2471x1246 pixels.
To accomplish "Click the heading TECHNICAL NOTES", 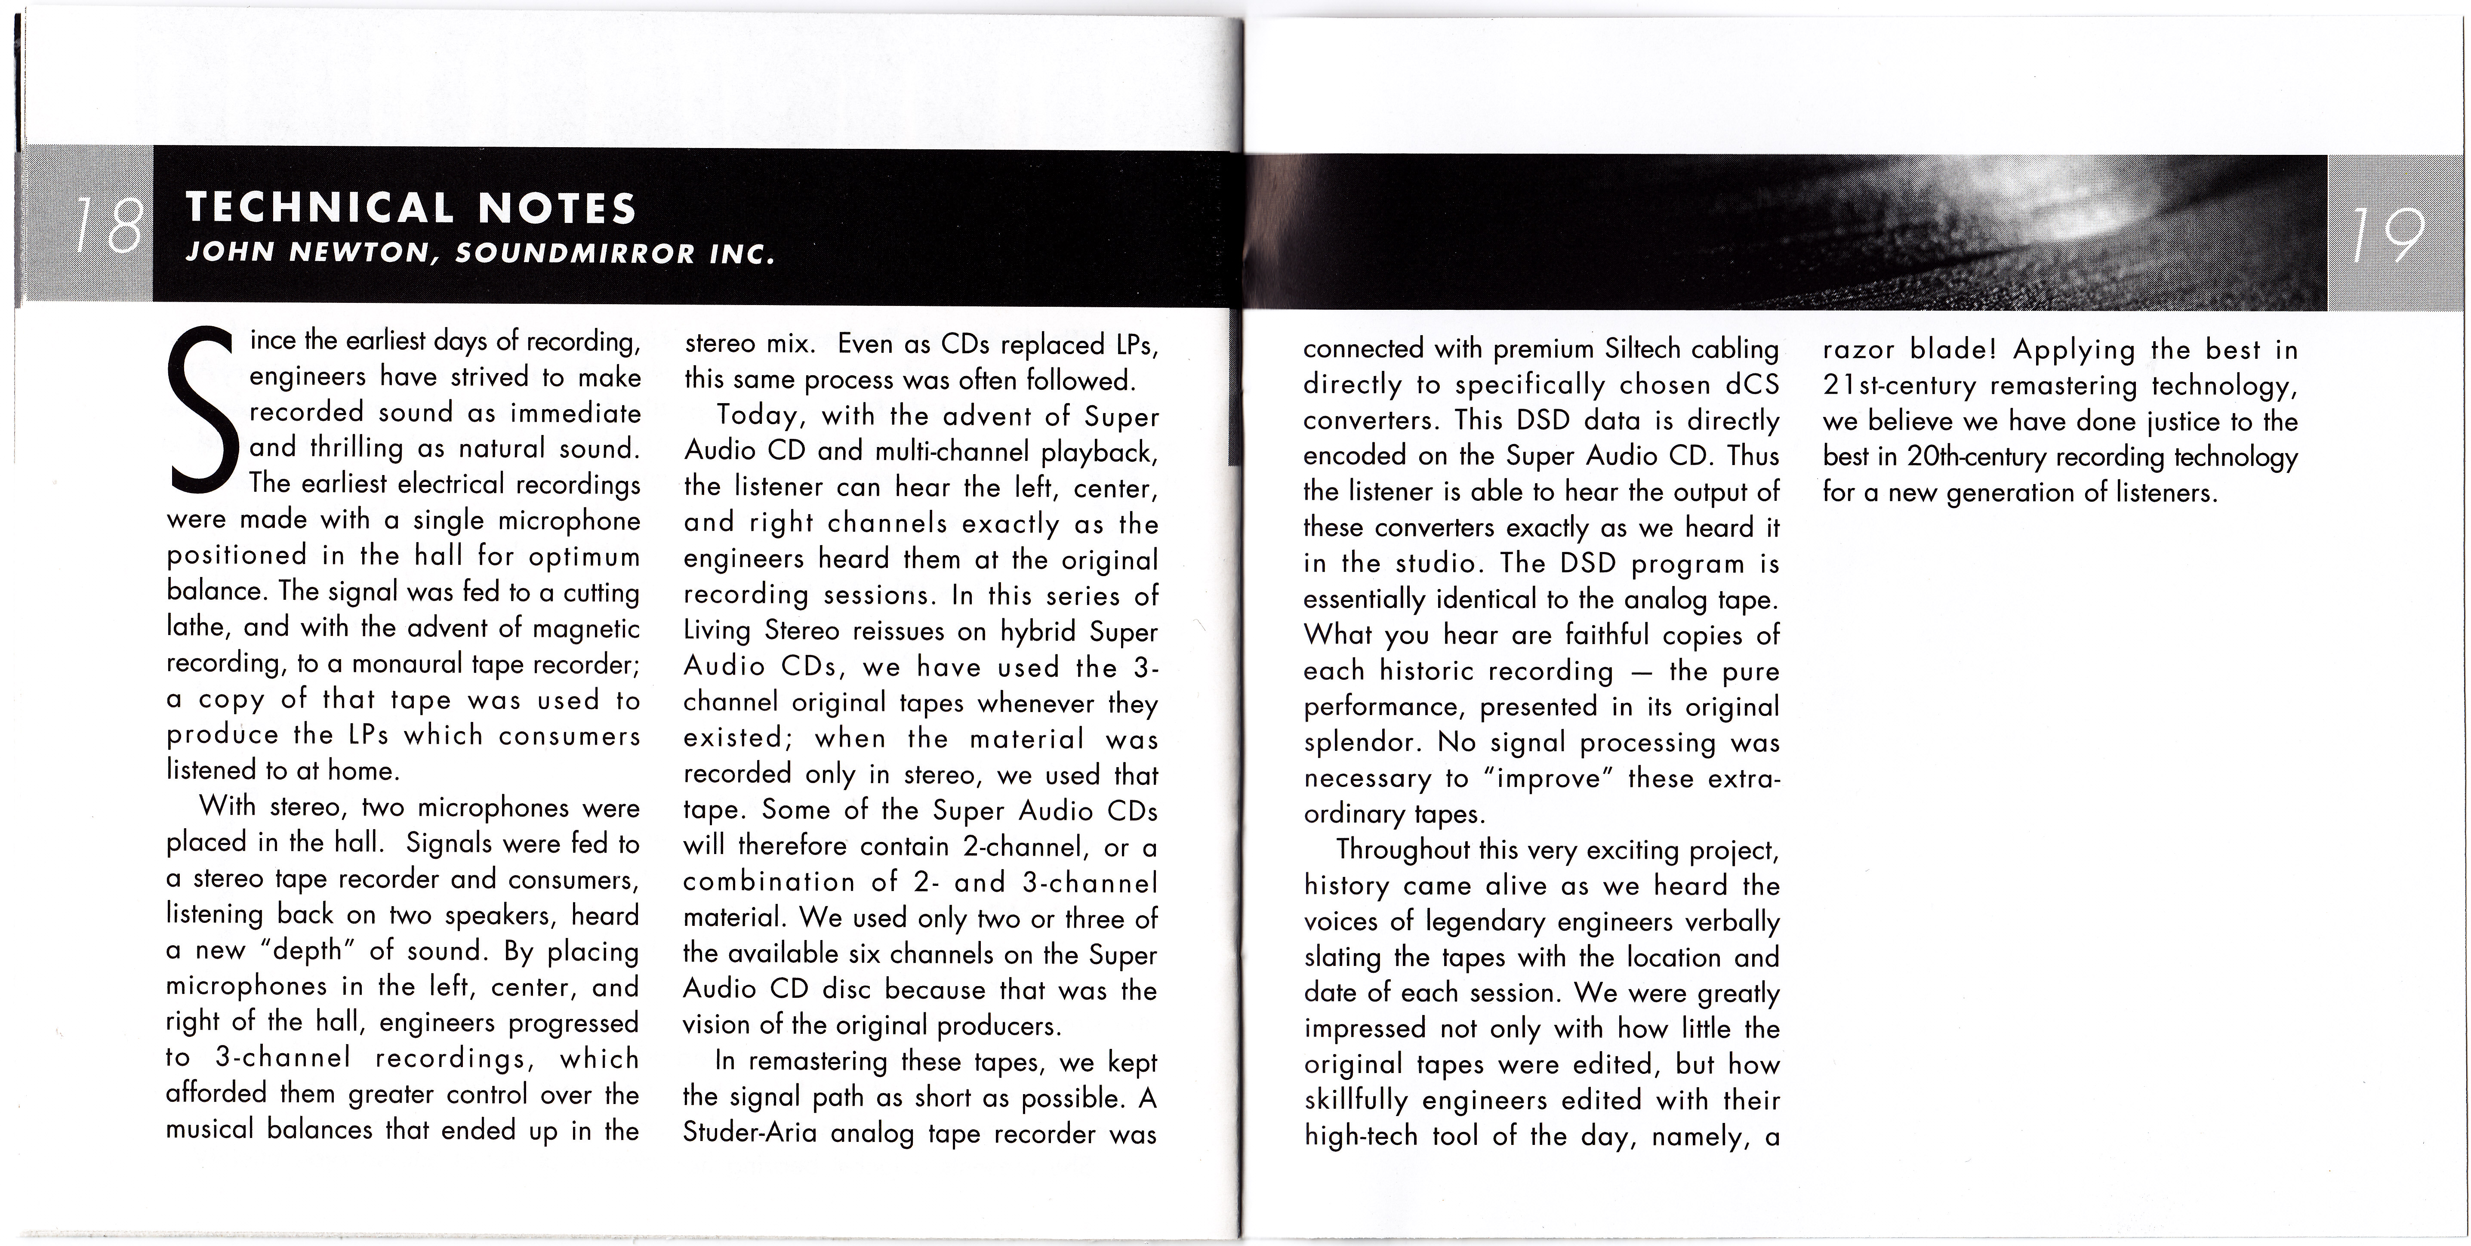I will (x=410, y=207).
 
